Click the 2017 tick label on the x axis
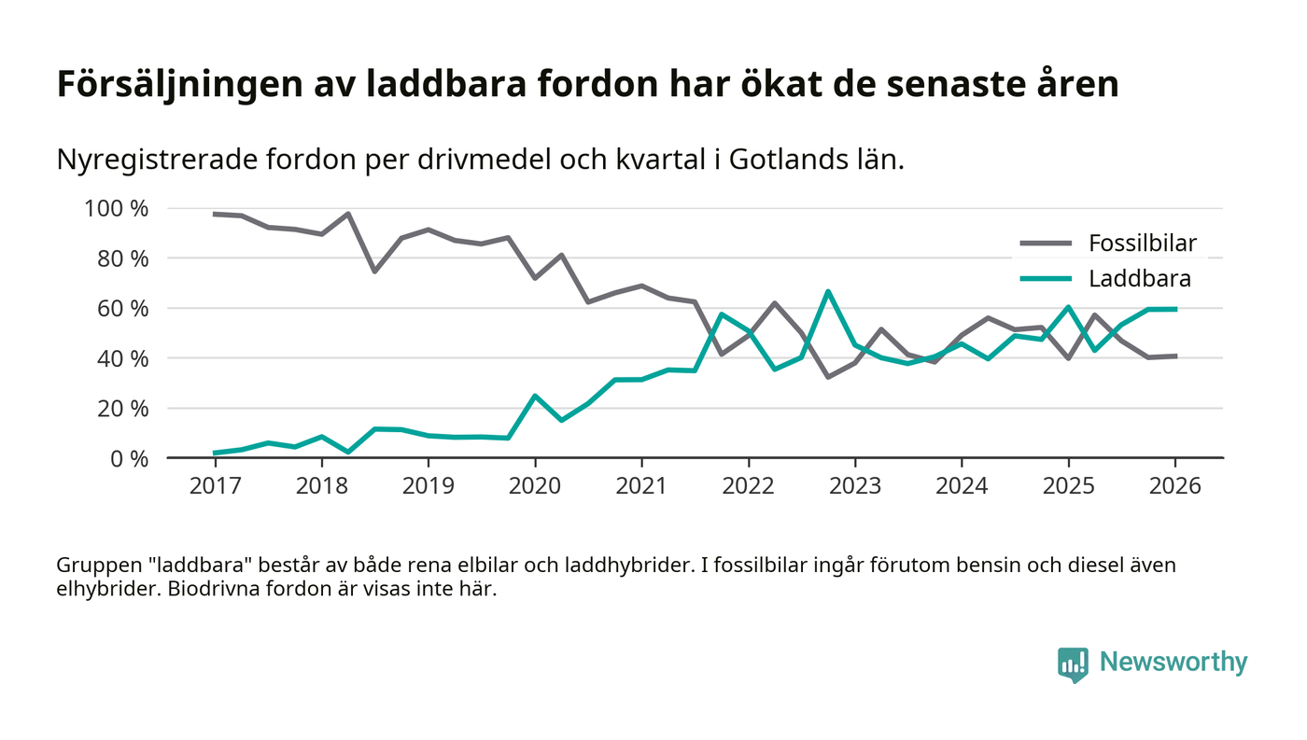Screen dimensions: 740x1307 click(x=215, y=485)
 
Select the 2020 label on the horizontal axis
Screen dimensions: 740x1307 click(x=535, y=485)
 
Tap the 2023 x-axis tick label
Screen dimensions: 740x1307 click(x=855, y=485)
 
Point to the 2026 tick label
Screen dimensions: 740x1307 click(x=1175, y=485)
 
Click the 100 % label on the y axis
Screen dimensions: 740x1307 click(x=116, y=208)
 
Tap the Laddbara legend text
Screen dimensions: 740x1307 click(x=1139, y=278)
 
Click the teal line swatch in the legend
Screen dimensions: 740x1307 click(x=1045, y=278)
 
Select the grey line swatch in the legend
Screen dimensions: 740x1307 click(x=1045, y=244)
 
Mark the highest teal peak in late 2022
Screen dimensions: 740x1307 click(x=828, y=292)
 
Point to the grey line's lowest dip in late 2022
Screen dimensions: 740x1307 click(x=828, y=377)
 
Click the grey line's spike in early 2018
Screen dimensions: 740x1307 click(x=348, y=214)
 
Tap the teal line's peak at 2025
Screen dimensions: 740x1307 click(x=1068, y=307)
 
